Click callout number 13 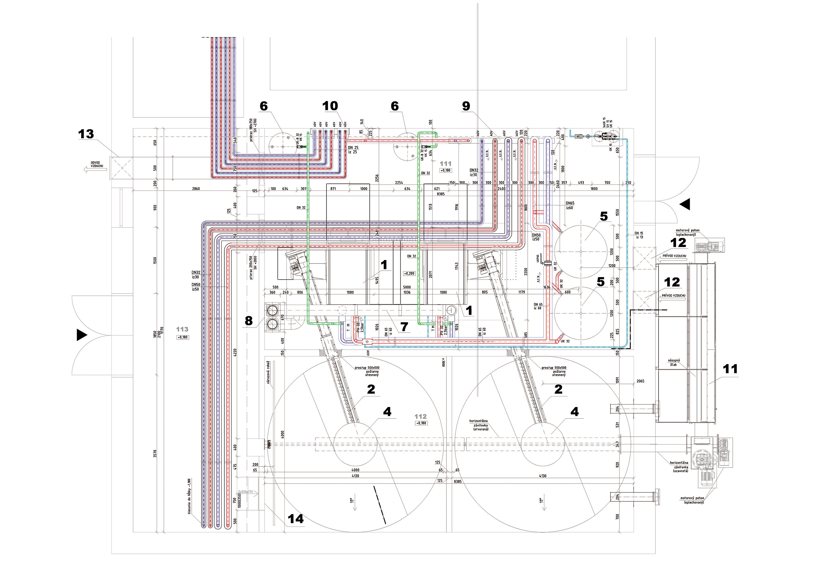pyautogui.click(x=86, y=134)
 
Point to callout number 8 pyautogui.click(x=249, y=321)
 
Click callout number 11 pyautogui.click(x=730, y=369)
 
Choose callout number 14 pyautogui.click(x=296, y=519)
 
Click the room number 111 pyautogui.click(x=445, y=163)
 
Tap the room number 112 pyautogui.click(x=420, y=417)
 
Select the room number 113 pyautogui.click(x=182, y=330)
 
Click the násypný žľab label pyautogui.click(x=674, y=362)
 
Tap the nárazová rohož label pyautogui.click(x=268, y=373)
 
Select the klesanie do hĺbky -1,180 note pyautogui.click(x=189, y=496)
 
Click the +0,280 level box pyautogui.click(x=409, y=273)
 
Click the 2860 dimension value pyautogui.click(x=196, y=189)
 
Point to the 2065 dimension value pyautogui.click(x=640, y=381)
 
